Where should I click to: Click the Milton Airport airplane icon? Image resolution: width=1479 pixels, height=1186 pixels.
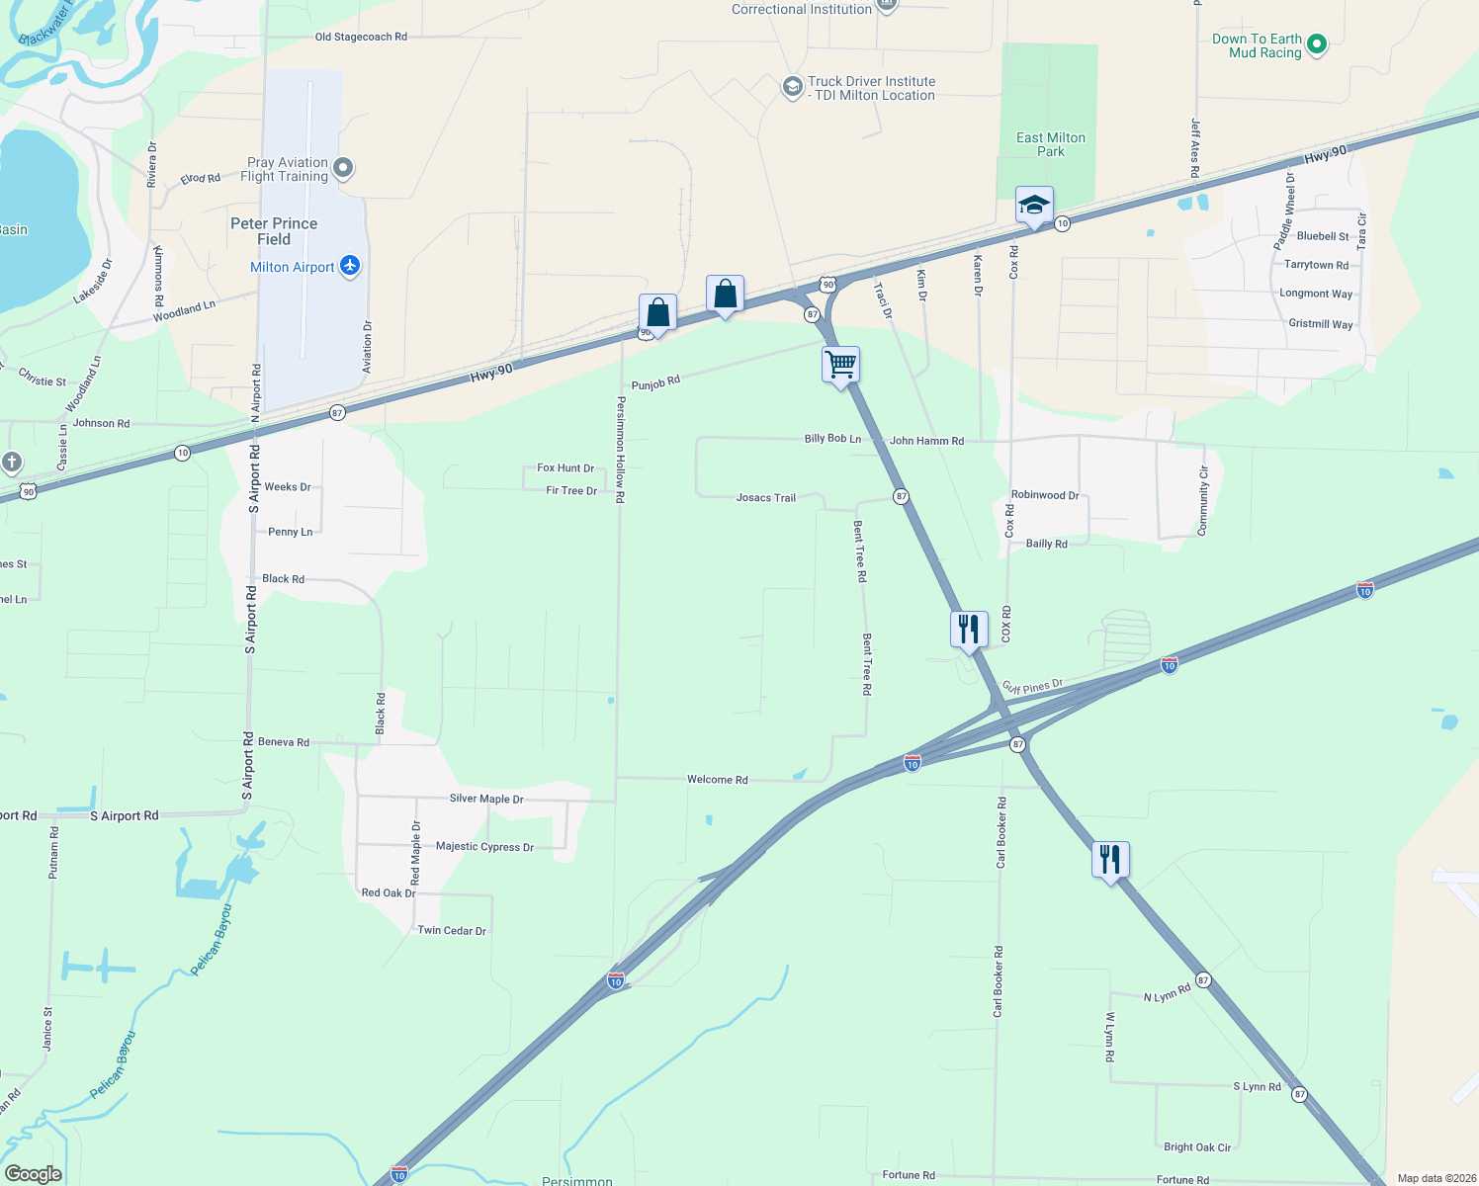(x=350, y=266)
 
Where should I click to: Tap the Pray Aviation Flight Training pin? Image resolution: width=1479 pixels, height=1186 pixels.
(x=343, y=167)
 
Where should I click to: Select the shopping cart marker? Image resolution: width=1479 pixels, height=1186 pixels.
(x=840, y=365)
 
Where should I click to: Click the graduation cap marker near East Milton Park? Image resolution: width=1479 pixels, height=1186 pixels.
(x=1034, y=206)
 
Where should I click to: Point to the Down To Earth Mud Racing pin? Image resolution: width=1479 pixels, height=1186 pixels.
(x=1316, y=43)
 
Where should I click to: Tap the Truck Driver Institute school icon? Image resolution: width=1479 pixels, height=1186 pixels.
(x=792, y=87)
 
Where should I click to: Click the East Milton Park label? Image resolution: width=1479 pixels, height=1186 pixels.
(x=1051, y=144)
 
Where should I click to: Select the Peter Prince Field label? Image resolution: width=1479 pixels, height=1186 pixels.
(x=274, y=231)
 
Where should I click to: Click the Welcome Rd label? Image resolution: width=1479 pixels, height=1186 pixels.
(x=718, y=780)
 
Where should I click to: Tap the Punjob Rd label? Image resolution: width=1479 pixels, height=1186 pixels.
(x=655, y=382)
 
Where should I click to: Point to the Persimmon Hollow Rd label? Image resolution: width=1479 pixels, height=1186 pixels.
(x=621, y=450)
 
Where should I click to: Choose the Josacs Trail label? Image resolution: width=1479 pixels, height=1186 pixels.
(x=766, y=498)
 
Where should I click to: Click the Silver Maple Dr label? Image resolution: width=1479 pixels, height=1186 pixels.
(x=486, y=799)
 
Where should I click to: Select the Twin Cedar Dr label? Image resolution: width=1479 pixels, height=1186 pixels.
(x=452, y=930)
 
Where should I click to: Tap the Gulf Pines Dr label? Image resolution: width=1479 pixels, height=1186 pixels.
(x=1032, y=686)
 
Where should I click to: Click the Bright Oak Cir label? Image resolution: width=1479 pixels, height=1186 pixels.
(x=1197, y=1147)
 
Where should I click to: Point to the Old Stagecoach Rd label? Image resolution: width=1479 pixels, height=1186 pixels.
(x=361, y=37)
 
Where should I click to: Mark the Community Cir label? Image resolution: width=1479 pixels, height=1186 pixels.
(x=1203, y=501)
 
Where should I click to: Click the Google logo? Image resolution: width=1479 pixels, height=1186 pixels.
(x=34, y=1173)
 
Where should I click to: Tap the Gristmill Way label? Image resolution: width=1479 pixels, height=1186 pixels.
(x=1321, y=324)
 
